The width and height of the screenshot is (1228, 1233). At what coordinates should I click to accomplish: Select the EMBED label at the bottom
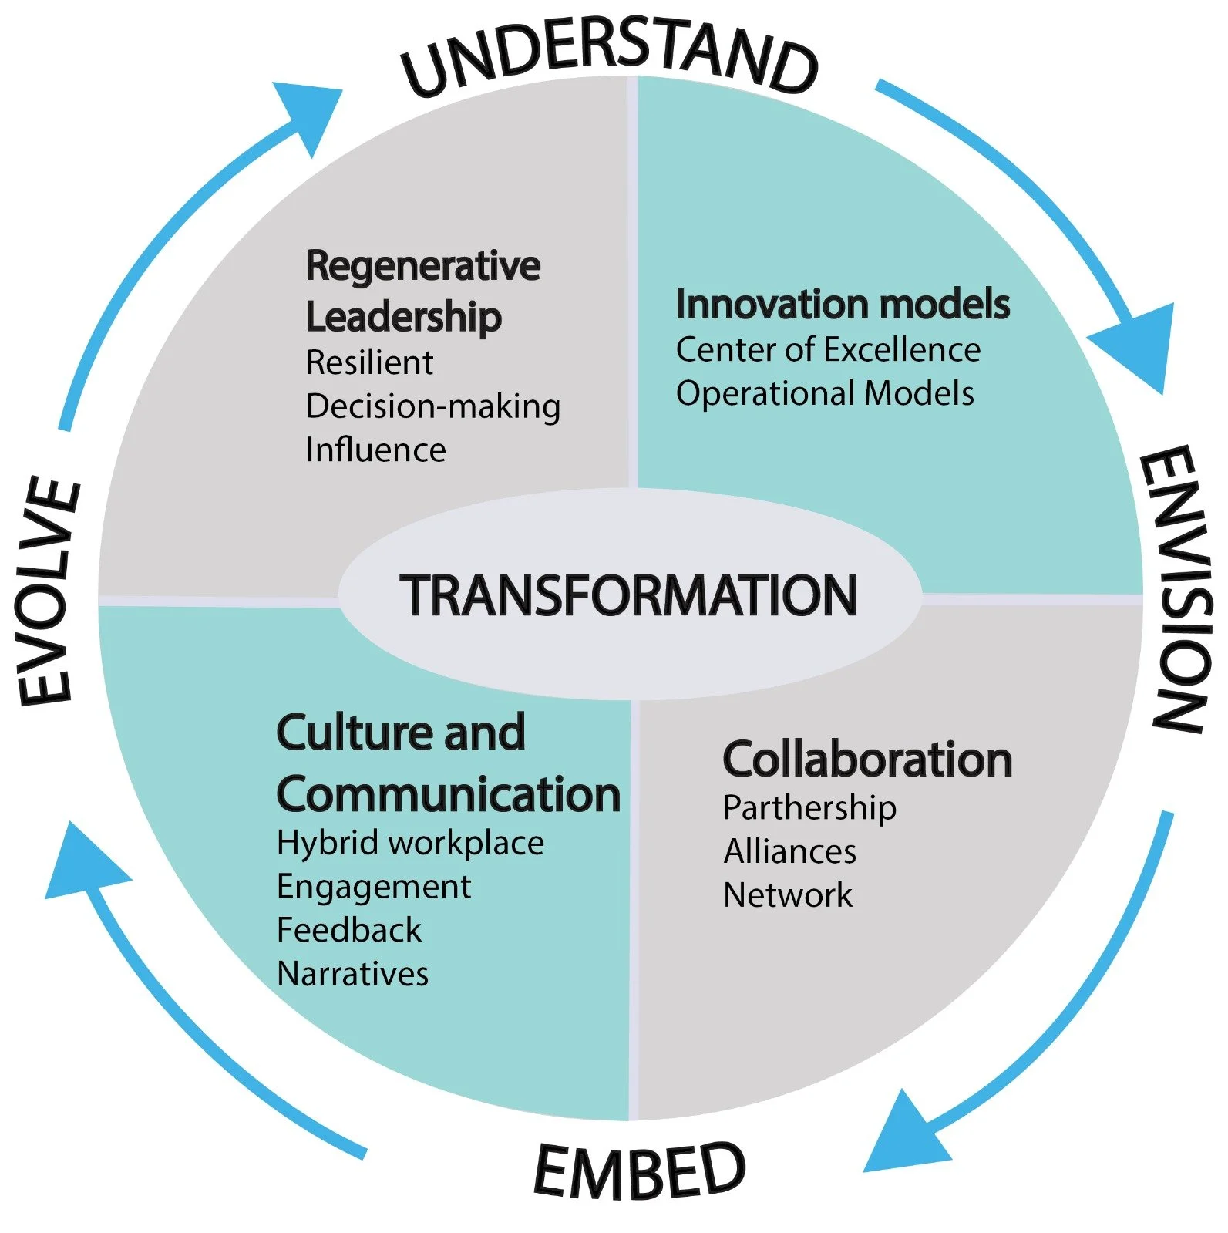click(x=639, y=1171)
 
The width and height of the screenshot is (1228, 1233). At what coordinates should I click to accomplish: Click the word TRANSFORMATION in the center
click(x=628, y=595)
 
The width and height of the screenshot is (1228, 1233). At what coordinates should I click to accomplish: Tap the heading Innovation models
click(x=843, y=304)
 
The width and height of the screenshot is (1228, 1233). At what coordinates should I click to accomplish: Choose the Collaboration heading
click(x=867, y=760)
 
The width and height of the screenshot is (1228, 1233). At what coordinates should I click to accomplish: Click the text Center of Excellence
click(x=828, y=349)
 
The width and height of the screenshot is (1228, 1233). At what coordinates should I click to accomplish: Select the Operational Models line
click(x=825, y=393)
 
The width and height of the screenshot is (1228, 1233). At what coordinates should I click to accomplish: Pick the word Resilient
click(x=369, y=362)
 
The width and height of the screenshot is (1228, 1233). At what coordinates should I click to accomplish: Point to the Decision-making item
click(x=432, y=406)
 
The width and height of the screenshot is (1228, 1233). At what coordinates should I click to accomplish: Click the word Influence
click(x=375, y=450)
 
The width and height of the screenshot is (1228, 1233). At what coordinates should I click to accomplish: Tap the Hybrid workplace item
click(x=410, y=843)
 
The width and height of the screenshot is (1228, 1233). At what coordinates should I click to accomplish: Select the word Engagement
click(x=373, y=887)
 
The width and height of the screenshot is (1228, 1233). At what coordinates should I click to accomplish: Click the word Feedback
click(x=348, y=930)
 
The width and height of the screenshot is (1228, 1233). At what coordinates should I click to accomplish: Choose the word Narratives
click(x=352, y=974)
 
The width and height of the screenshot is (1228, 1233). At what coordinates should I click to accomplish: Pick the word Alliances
click(x=789, y=851)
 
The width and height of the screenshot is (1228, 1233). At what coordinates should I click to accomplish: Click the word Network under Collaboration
click(x=787, y=895)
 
